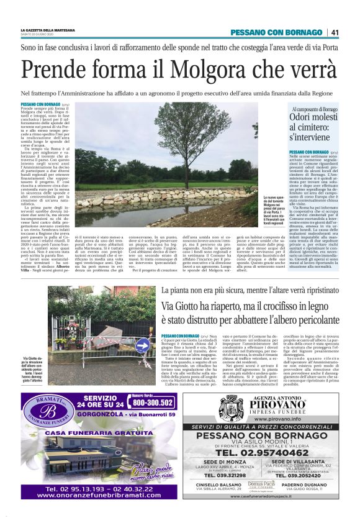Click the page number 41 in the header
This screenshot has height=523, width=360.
[x=335, y=32]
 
